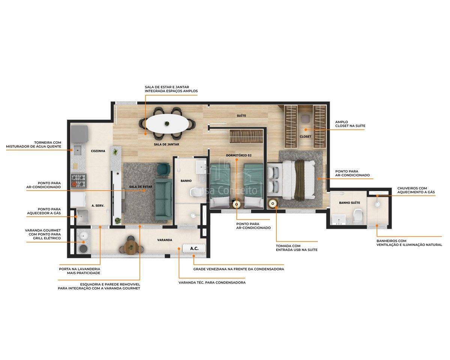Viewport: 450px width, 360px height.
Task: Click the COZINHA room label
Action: click(98, 151)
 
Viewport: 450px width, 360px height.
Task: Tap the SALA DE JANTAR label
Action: click(166, 144)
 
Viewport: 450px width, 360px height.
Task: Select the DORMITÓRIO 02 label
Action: click(238, 155)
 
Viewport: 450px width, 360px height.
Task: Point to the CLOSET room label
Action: click(305, 136)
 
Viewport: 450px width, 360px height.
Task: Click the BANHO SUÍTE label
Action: click(349, 203)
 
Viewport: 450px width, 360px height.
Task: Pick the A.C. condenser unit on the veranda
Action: click(194, 249)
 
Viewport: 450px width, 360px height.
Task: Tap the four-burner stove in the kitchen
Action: click(79, 181)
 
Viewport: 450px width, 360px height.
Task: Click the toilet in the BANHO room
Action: click(196, 192)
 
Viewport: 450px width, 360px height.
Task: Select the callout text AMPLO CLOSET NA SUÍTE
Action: click(350, 124)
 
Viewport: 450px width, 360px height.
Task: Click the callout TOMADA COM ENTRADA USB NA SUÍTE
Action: click(297, 248)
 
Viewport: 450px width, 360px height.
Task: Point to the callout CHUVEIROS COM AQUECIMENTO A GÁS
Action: click(416, 190)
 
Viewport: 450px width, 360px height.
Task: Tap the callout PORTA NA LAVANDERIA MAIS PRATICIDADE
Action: click(79, 271)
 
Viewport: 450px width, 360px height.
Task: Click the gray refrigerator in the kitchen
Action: click(79, 134)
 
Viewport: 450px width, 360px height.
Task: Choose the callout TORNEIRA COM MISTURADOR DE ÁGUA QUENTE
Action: click(34, 144)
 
